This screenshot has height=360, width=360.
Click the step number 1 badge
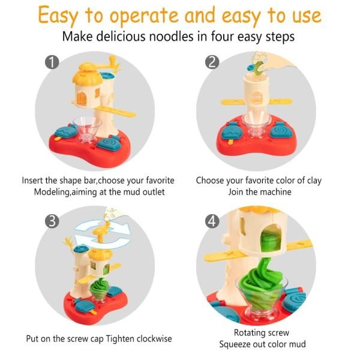(52, 62)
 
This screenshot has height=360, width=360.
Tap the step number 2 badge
(212, 62)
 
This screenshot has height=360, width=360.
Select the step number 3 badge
(52, 221)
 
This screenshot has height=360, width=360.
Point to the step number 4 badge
(212, 221)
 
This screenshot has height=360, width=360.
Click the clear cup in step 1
(87, 129)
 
